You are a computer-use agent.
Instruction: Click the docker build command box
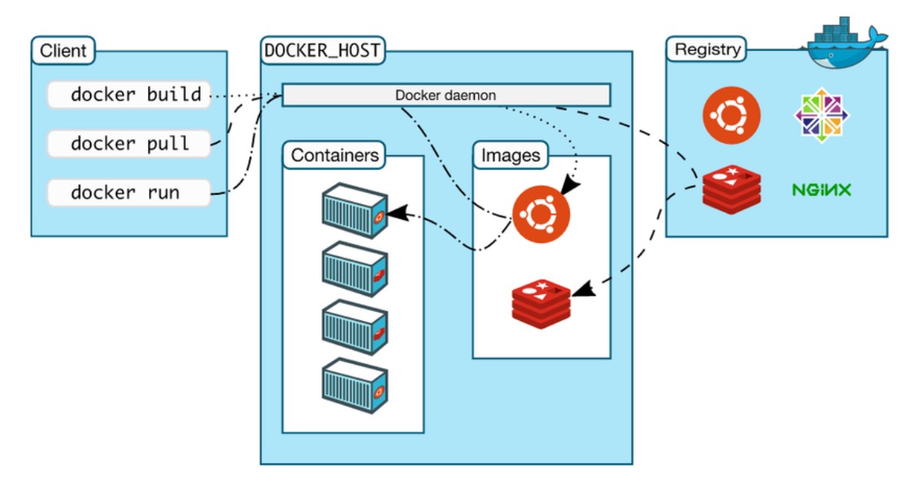click(x=129, y=95)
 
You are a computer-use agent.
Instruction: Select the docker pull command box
click(x=129, y=144)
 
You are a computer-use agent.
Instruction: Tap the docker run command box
click(x=129, y=192)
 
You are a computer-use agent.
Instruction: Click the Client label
click(x=64, y=52)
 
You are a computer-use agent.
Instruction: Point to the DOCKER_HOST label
click(x=323, y=51)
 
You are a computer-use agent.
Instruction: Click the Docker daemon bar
click(x=446, y=95)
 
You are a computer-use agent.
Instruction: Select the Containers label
click(x=334, y=155)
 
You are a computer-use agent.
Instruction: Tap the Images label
click(x=510, y=155)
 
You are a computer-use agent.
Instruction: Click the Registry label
click(x=708, y=51)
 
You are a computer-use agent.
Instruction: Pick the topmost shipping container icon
click(x=353, y=211)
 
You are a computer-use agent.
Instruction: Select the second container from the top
click(x=353, y=270)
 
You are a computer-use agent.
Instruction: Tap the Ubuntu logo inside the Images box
click(x=542, y=214)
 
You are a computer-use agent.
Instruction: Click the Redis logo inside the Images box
click(x=542, y=304)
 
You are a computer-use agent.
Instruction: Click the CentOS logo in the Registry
click(x=821, y=116)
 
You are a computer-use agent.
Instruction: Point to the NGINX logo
click(x=821, y=189)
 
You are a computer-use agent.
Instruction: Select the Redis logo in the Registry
click(x=731, y=189)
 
